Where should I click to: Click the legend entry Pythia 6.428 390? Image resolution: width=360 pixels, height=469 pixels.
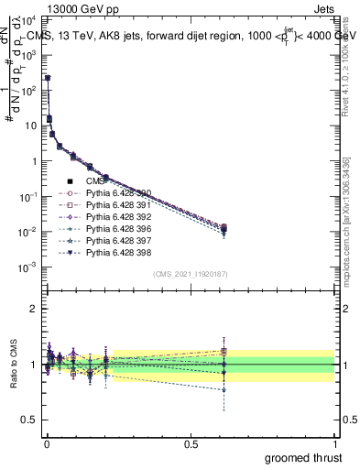coord(118,193)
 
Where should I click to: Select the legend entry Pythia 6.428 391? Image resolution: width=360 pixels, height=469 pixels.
coord(118,205)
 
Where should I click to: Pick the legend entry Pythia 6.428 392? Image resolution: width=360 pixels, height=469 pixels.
coord(118,217)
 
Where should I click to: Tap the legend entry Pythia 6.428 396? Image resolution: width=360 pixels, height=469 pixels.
coord(118,229)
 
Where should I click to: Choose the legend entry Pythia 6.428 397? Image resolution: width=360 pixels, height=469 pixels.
coord(118,241)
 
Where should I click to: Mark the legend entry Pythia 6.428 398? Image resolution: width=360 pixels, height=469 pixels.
coord(118,253)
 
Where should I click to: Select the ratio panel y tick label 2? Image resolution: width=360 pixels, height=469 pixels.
coord(34,310)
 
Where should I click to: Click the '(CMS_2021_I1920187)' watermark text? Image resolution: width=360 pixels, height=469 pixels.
coord(191,274)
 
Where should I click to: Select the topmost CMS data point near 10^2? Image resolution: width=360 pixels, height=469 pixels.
coord(47,79)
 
